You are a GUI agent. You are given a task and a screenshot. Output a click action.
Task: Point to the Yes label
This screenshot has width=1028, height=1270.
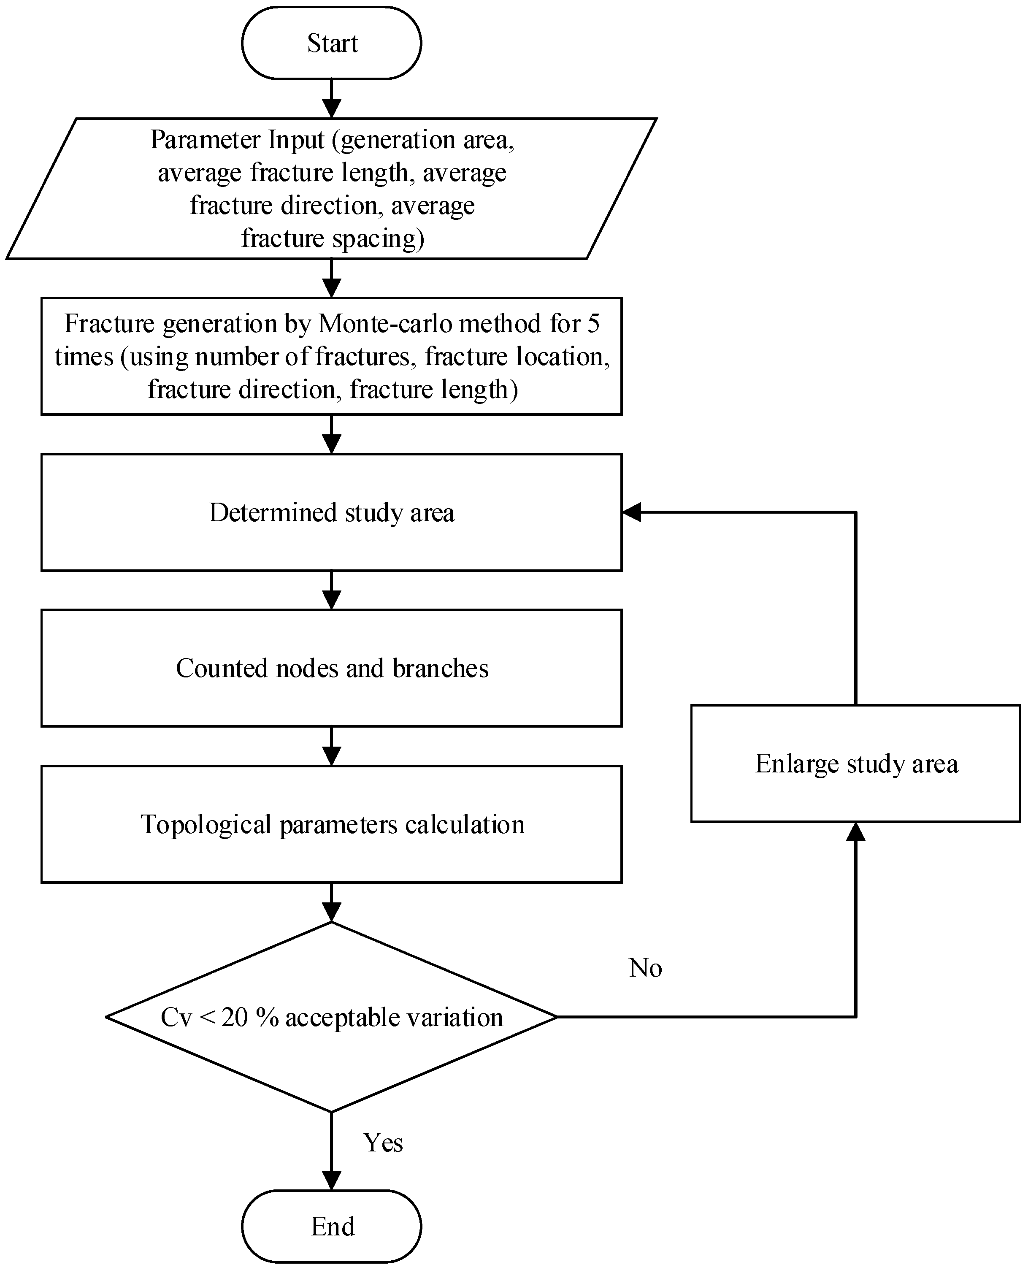[x=382, y=1143]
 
